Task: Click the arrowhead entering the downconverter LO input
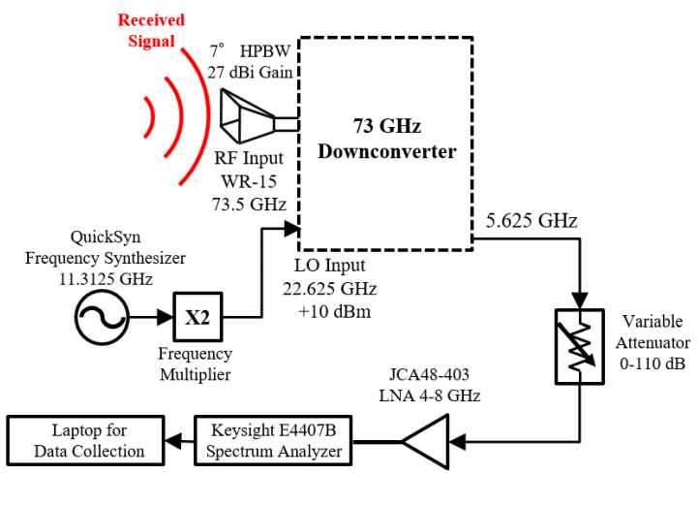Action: pyautogui.click(x=291, y=229)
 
